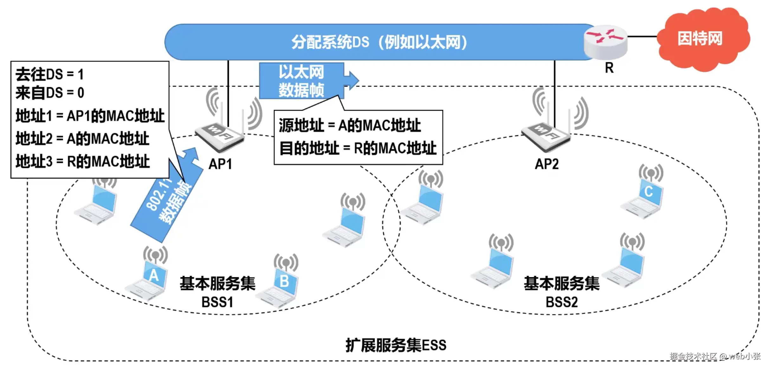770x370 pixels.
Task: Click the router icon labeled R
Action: click(x=605, y=42)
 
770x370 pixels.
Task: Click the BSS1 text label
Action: click(x=217, y=302)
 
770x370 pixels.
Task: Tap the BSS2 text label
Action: click(x=561, y=302)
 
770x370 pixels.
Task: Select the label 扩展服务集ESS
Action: click(x=396, y=345)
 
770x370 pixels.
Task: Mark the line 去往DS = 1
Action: click(x=49, y=74)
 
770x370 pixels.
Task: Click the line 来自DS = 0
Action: click(x=50, y=93)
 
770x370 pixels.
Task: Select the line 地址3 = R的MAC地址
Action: click(x=83, y=161)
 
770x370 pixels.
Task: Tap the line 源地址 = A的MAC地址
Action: click(x=350, y=125)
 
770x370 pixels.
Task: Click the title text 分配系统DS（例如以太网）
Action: click(x=379, y=42)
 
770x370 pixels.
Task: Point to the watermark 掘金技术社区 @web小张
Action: click(x=715, y=356)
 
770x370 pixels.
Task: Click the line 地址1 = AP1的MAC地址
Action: click(x=90, y=116)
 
